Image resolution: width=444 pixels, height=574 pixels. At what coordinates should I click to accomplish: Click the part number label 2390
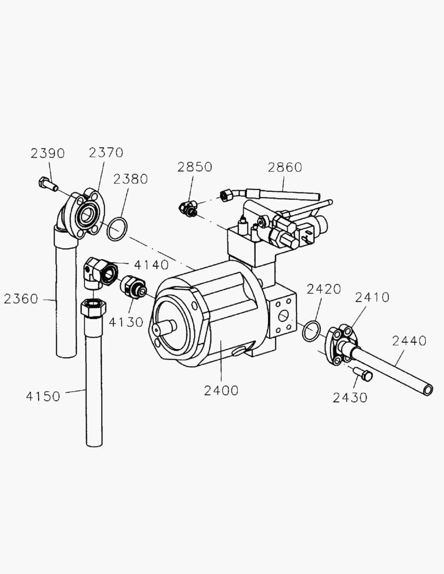[x=47, y=154]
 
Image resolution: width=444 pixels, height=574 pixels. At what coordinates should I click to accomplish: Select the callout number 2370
[x=106, y=153]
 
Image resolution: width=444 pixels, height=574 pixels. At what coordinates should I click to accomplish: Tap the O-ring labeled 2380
[x=118, y=229]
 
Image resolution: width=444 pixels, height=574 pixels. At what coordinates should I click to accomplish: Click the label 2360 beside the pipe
[x=21, y=299]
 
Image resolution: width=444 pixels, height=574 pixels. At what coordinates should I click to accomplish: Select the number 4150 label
[x=43, y=396]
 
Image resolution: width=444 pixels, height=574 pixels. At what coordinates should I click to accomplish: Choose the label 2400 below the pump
[x=221, y=391]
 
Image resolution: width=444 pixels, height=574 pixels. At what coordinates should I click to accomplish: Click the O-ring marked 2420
[x=311, y=331]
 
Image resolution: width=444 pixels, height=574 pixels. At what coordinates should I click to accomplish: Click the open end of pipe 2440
[x=426, y=391]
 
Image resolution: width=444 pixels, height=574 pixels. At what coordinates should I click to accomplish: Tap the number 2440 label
[x=409, y=341]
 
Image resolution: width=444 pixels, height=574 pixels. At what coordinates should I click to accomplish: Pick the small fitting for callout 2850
[x=188, y=207]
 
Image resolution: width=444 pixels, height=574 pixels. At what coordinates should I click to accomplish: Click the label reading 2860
[x=284, y=167]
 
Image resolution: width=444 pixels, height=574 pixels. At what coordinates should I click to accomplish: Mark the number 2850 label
[x=195, y=167]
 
